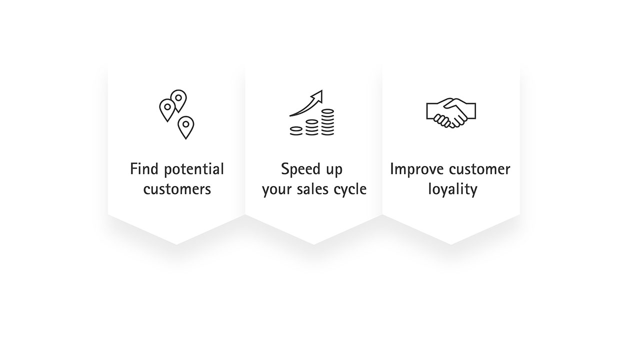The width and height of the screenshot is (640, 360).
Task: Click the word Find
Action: [144, 169]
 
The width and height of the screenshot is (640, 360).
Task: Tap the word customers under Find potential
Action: [177, 189]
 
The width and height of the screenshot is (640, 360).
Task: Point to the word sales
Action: [313, 189]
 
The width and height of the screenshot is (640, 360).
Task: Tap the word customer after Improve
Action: [479, 169]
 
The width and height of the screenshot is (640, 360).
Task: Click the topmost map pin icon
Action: [178, 100]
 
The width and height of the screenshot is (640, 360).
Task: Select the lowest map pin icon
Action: [185, 127]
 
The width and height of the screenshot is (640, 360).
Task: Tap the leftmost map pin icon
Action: [167, 110]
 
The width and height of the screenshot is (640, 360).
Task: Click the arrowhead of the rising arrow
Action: [317, 96]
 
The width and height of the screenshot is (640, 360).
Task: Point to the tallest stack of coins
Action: [327, 122]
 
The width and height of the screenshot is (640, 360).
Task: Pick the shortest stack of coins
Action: [296, 131]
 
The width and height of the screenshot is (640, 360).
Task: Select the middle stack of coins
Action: [311, 127]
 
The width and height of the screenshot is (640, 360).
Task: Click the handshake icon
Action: [451, 113]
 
